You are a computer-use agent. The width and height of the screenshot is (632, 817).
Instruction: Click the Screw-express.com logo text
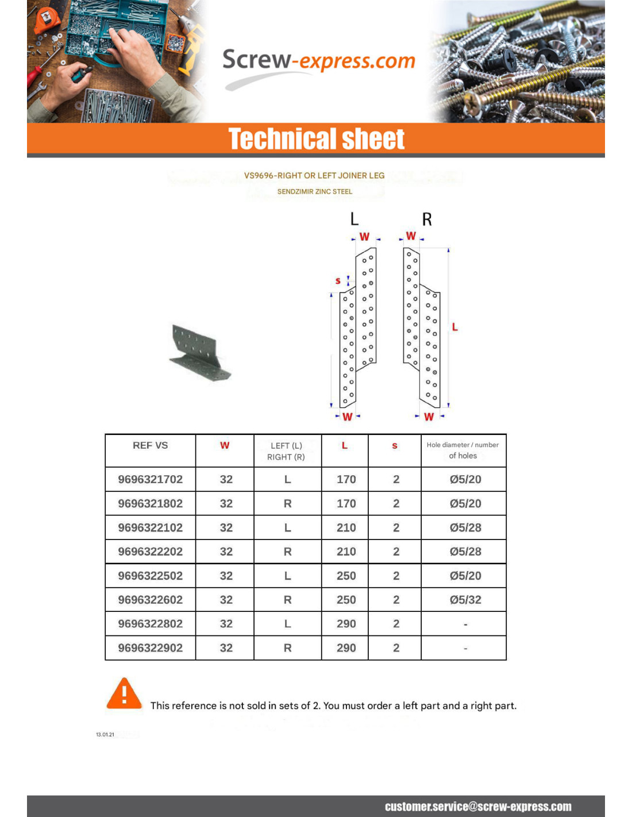coord(318,61)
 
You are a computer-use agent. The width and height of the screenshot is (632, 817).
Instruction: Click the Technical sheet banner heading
coord(317,139)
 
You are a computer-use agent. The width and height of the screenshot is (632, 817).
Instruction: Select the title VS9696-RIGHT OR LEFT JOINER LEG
coord(314,176)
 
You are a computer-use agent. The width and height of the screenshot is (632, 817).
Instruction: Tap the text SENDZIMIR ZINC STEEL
coord(315,192)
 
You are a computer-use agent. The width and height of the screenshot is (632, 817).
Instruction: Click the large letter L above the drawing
coord(354,219)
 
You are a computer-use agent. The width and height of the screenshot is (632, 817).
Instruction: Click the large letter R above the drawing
coord(427,219)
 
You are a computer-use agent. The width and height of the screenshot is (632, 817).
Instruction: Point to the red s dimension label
coord(338,281)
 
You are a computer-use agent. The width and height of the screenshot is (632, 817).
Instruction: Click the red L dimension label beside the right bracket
coord(454,327)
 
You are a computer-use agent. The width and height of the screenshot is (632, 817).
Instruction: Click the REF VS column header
coord(150,445)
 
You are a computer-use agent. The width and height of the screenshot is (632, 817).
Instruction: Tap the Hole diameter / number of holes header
coord(463,450)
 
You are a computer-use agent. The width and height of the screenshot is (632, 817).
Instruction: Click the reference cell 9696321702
coord(150,479)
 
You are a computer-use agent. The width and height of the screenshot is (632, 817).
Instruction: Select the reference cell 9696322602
coord(150,600)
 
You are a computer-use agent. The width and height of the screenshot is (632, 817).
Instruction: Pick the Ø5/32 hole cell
coord(465,600)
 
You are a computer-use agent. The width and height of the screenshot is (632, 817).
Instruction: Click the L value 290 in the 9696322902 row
coord(346,648)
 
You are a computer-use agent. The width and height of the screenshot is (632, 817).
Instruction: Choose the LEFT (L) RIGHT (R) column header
coord(286,451)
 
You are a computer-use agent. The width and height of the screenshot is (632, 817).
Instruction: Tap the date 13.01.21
coord(105,735)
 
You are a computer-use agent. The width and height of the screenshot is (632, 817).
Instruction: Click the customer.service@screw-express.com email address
coord(478,807)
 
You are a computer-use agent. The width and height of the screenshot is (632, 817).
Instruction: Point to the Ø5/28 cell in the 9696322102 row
coord(465,527)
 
